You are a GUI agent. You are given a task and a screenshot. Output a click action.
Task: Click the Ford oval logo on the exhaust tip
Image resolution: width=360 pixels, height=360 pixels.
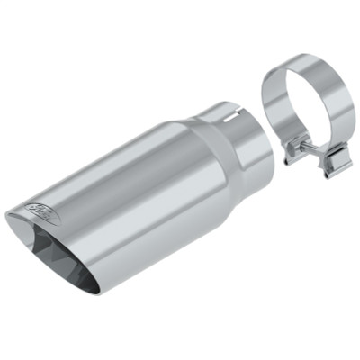point(42,209)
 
